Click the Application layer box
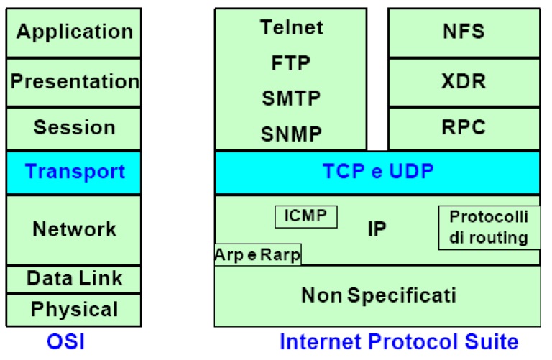click(x=73, y=32)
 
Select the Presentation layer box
click(x=73, y=82)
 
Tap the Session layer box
click(x=73, y=129)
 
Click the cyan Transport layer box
click(x=73, y=172)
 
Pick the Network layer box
click(x=73, y=230)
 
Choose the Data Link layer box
click(x=73, y=280)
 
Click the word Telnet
click(x=291, y=27)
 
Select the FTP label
click(x=290, y=63)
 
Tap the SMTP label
click(x=291, y=98)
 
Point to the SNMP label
click(x=291, y=134)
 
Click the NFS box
click(x=464, y=32)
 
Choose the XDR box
click(x=464, y=82)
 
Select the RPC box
click(x=464, y=129)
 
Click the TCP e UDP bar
click(x=377, y=172)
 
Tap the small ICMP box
click(x=306, y=217)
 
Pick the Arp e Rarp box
click(x=258, y=254)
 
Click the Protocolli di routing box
click(x=489, y=228)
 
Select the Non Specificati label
click(x=379, y=295)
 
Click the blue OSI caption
click(x=66, y=342)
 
